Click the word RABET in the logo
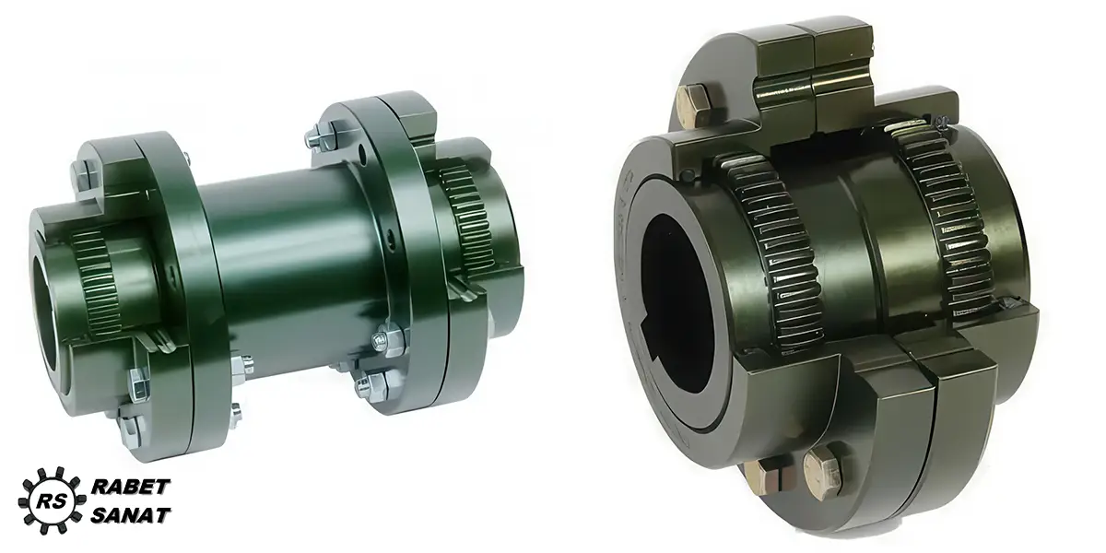point(131,487)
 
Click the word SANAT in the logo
point(131,515)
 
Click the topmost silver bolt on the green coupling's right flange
point(322,139)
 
